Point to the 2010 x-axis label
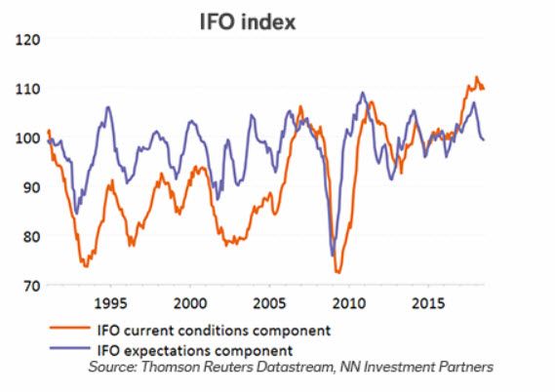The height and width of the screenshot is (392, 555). point(352,301)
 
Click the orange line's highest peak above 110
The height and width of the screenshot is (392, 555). point(476,77)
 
